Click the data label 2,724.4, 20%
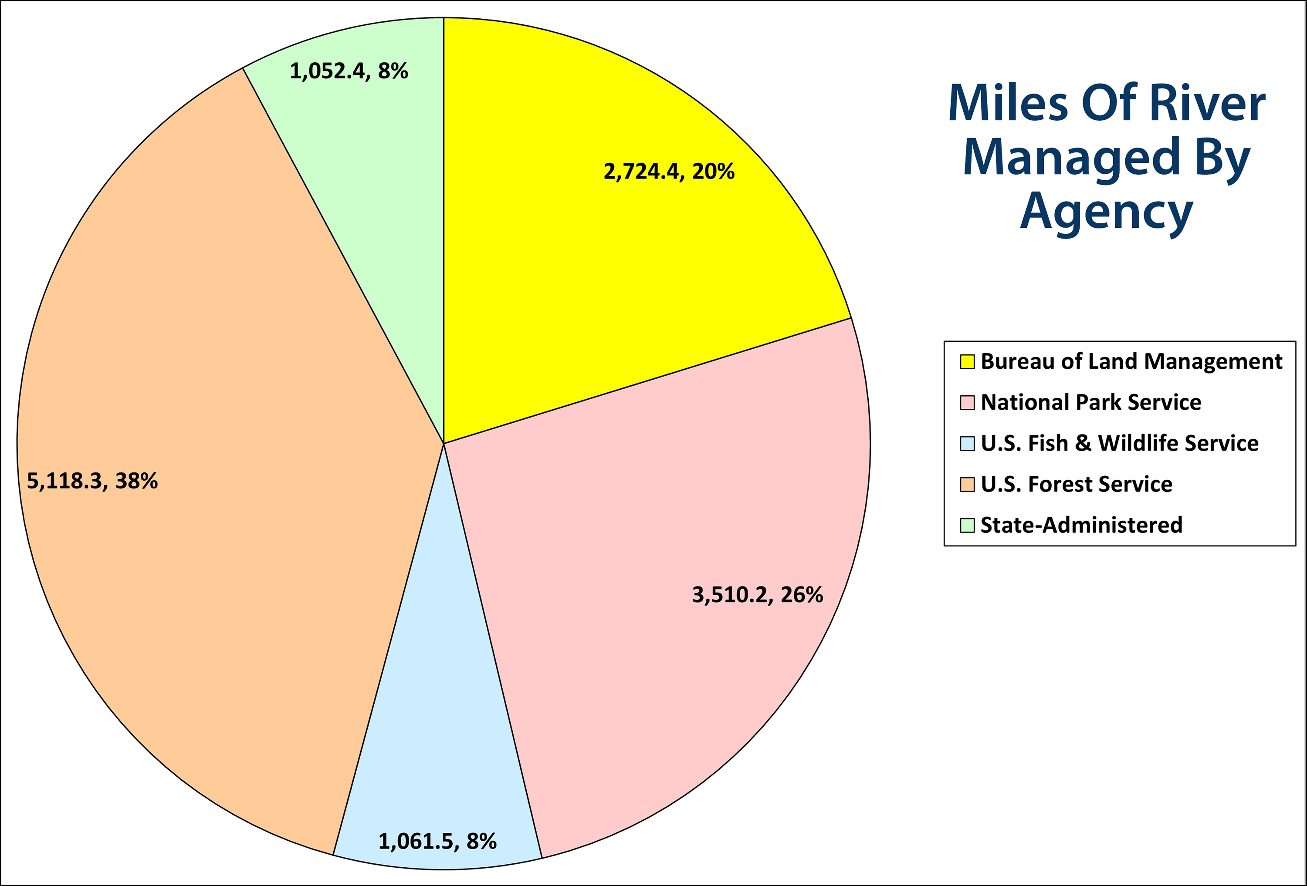[x=669, y=172]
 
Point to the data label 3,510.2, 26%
[x=757, y=594]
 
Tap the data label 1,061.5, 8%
[x=437, y=841]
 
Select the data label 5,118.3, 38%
[x=92, y=481]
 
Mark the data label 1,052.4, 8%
[x=349, y=71]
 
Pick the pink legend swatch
[x=967, y=403]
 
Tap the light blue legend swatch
[x=967, y=444]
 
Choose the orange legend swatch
[x=967, y=485]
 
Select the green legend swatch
[x=967, y=525]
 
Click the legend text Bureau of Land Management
[x=1131, y=361]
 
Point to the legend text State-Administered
[x=1081, y=525]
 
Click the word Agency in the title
[x=1106, y=212]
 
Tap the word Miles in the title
[x=1007, y=104]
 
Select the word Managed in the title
[x=1071, y=158]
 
